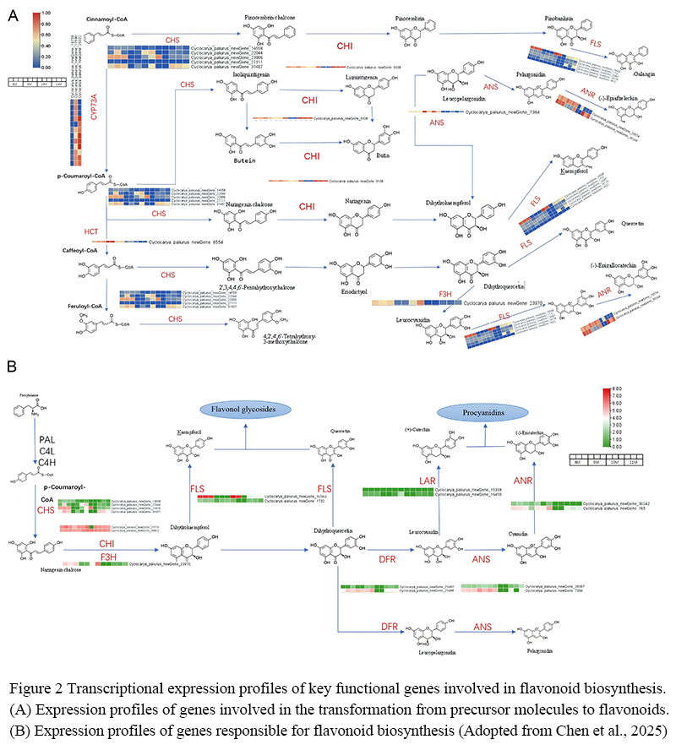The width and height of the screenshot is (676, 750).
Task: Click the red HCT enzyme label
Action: click(92, 231)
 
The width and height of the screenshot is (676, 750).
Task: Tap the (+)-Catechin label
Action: click(415, 429)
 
